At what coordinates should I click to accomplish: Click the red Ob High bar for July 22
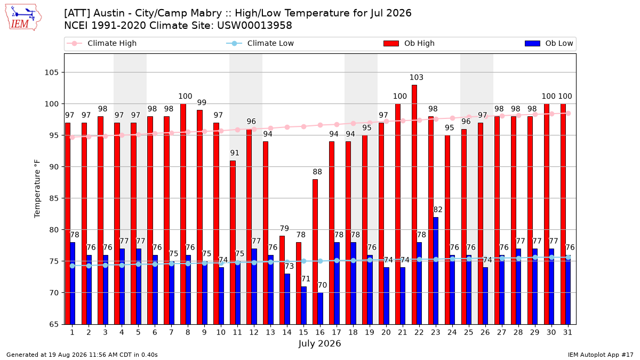(414, 205)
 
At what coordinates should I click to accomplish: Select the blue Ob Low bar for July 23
(436, 271)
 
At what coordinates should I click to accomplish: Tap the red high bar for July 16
(315, 252)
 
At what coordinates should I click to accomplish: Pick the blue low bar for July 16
(321, 309)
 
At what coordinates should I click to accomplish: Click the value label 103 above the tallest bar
(417, 77)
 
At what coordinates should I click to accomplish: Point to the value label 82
(438, 210)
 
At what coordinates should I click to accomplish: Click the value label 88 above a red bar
(317, 172)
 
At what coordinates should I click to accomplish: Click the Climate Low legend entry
(260, 43)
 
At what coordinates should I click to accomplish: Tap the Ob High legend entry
(409, 43)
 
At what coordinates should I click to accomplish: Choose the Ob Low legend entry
(549, 43)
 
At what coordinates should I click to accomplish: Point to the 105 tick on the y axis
(51, 73)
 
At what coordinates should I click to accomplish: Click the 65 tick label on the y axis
(54, 325)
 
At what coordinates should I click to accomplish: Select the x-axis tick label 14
(287, 333)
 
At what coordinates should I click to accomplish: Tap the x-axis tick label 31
(567, 333)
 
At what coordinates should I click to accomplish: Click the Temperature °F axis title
(37, 189)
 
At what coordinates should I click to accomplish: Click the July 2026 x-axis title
(319, 343)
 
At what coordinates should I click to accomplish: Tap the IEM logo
(23, 17)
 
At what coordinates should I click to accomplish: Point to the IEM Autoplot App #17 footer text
(601, 355)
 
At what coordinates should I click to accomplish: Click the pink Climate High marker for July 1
(73, 138)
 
